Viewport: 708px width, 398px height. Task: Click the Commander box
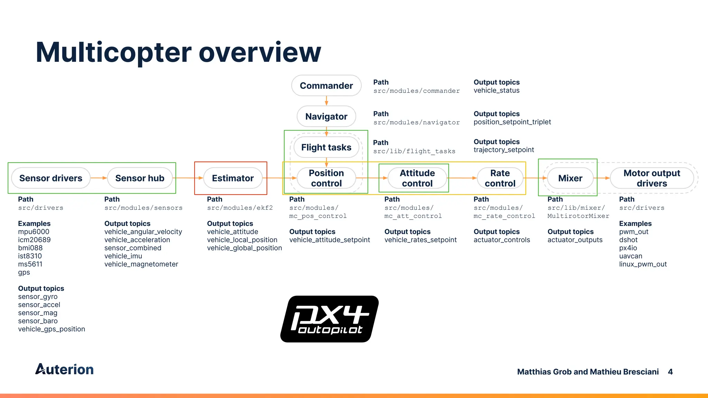tap(326, 86)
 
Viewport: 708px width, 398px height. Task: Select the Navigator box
tap(326, 116)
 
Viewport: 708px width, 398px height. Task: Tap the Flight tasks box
tap(326, 148)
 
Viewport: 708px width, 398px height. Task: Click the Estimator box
tap(233, 178)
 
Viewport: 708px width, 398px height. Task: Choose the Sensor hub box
tap(140, 178)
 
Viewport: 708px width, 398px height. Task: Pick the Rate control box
tap(500, 178)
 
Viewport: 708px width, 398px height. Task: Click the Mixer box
tap(570, 178)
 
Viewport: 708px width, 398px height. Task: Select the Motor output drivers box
tap(652, 178)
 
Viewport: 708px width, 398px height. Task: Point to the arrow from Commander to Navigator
tap(326, 101)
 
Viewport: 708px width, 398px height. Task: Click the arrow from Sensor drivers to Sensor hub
tap(99, 178)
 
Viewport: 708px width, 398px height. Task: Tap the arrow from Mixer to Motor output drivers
tap(602, 178)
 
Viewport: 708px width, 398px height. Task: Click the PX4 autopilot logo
tap(329, 319)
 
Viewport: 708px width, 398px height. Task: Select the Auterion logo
tap(65, 369)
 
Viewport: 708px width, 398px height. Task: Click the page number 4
tap(670, 372)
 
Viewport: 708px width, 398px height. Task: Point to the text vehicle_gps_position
tap(52, 329)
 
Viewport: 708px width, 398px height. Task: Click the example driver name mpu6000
tap(34, 232)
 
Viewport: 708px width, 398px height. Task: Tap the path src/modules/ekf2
tap(240, 208)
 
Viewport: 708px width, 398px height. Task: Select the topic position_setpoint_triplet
tap(512, 122)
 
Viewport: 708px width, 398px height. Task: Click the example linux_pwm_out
tap(643, 264)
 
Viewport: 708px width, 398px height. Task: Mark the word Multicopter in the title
tap(113, 53)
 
